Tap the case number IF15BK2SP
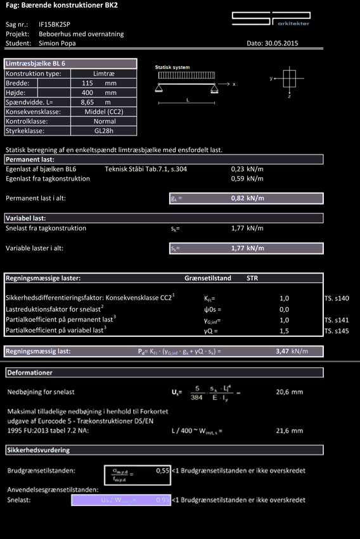(x=55, y=23)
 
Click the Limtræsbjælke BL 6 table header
(x=35, y=64)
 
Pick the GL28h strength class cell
(x=104, y=131)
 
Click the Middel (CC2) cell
(x=104, y=111)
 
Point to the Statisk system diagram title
(x=172, y=67)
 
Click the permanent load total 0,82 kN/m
(x=247, y=198)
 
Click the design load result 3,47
(x=283, y=351)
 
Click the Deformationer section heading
(x=30, y=372)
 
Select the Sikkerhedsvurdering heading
(x=38, y=450)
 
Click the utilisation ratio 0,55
(x=162, y=471)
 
